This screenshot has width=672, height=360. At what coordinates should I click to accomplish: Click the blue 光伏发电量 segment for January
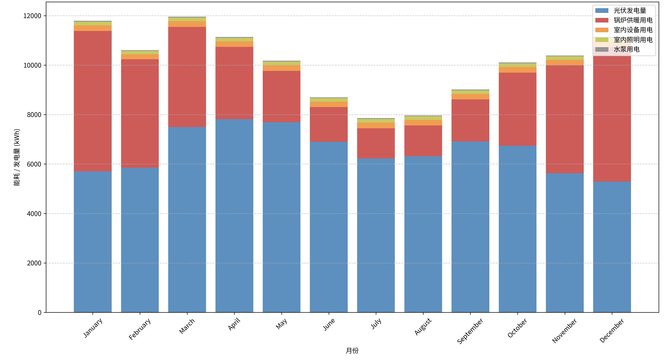[93, 242]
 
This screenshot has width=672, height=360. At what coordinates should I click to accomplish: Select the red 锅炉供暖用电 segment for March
[187, 77]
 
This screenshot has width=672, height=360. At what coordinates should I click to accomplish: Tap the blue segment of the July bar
[376, 235]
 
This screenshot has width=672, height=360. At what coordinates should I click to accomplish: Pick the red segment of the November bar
[565, 119]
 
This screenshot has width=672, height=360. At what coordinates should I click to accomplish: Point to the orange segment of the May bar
[281, 68]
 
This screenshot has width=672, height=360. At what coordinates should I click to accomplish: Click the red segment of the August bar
[423, 141]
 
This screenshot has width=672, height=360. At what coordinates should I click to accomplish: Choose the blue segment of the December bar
[612, 247]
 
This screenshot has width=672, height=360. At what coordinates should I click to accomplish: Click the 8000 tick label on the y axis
[34, 115]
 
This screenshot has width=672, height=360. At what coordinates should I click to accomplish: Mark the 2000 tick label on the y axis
[34, 263]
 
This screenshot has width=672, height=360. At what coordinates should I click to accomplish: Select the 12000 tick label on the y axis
[32, 16]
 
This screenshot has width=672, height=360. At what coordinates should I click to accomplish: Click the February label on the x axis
[140, 329]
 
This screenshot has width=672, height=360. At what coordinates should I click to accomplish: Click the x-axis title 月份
[352, 351]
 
